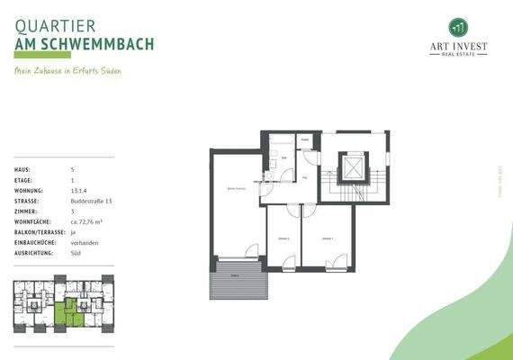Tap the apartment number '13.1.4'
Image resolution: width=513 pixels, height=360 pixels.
click(x=79, y=194)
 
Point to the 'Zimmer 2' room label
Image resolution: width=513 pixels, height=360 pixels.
click(x=283, y=238)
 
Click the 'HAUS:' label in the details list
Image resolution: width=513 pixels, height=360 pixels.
click(x=22, y=169)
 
